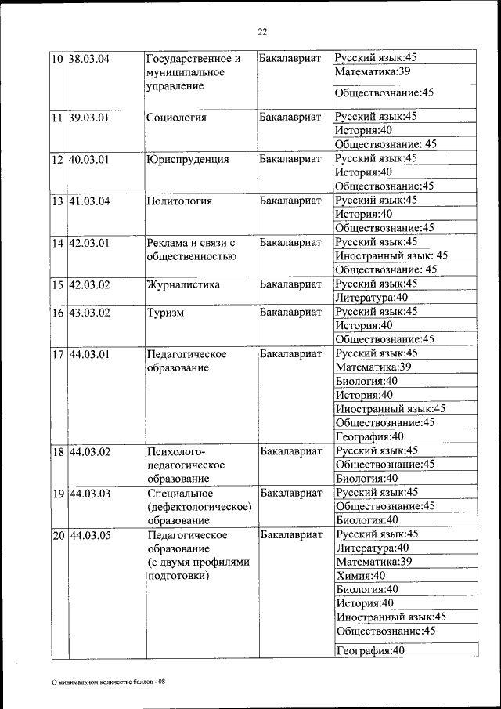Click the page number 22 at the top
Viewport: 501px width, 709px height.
(262, 31)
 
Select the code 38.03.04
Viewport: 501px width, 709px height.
(88, 58)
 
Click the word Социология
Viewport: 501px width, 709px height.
(176, 118)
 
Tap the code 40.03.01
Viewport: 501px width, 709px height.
(88, 159)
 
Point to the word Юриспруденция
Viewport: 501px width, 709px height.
(187, 159)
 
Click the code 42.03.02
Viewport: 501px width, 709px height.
(88, 285)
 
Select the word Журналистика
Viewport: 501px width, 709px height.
(182, 285)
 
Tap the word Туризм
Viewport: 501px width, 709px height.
(165, 313)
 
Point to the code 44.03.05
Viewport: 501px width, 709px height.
(88, 535)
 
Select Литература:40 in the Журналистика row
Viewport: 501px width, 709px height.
(371, 298)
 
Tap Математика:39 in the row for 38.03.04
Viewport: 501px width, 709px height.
(373, 72)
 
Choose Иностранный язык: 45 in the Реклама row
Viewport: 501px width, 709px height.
(391, 255)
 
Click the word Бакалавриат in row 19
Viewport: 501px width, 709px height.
(290, 493)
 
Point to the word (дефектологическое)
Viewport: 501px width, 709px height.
(199, 507)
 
